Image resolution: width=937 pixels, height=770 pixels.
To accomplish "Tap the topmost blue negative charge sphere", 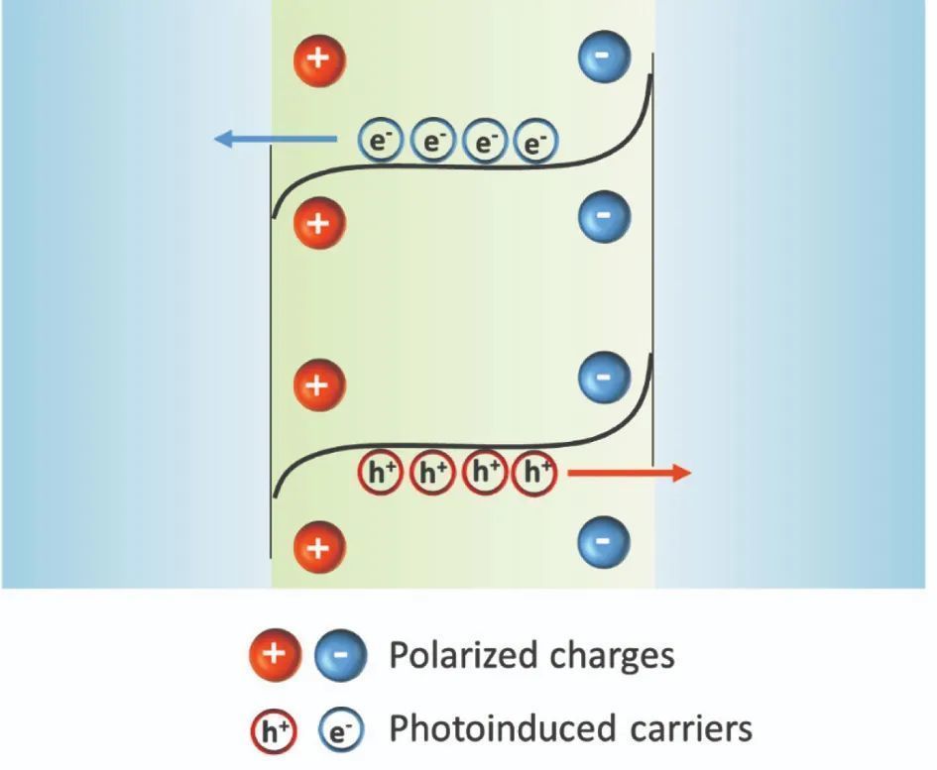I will click(603, 58).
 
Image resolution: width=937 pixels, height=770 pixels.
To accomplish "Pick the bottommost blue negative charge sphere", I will click(603, 541).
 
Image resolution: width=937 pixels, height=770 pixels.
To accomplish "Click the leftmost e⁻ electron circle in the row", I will click(380, 143).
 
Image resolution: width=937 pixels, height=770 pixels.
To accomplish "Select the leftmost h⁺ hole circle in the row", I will click(380, 474).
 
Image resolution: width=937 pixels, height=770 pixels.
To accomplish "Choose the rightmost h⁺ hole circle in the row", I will click(536, 474).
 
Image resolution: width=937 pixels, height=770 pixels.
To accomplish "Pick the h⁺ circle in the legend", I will click(277, 730).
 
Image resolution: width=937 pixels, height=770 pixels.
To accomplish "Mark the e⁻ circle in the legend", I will click(340, 731).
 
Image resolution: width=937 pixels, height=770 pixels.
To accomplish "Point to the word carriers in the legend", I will click(688, 729).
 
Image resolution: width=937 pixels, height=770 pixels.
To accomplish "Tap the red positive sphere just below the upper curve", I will click(318, 222).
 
